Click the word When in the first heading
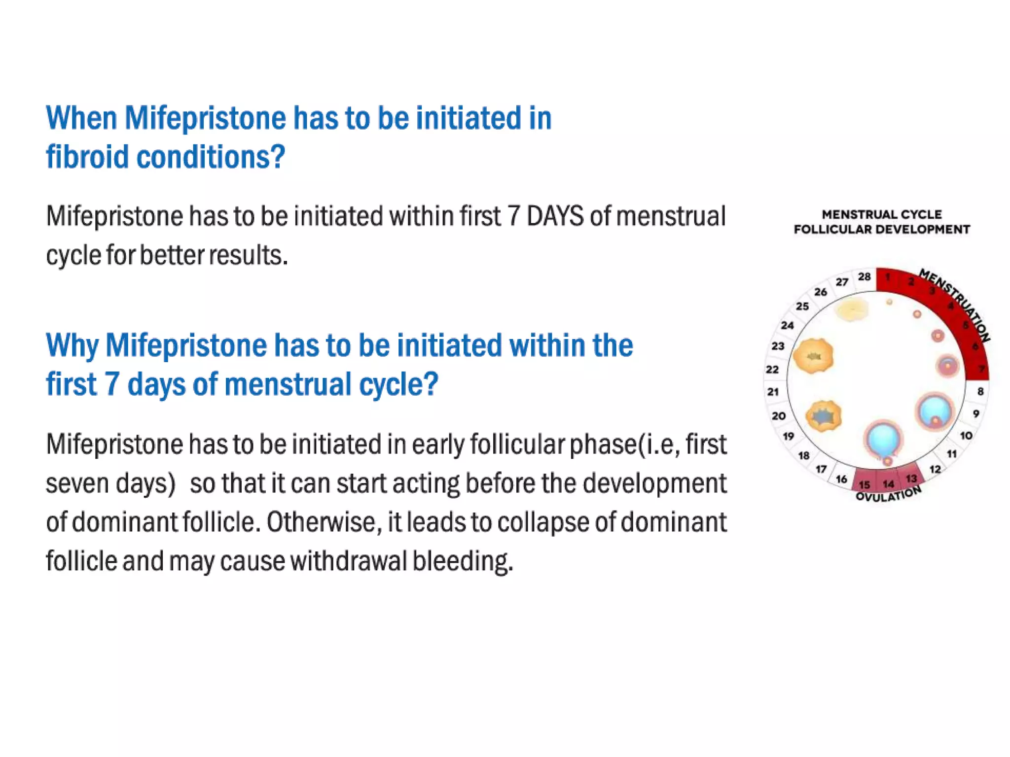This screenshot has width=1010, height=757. click(81, 118)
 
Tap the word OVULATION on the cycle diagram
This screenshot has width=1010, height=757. click(888, 495)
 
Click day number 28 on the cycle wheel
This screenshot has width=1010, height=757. click(864, 277)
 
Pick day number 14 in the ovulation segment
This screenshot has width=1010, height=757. click(888, 484)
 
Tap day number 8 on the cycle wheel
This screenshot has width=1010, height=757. click(980, 391)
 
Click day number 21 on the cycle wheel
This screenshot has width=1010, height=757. click(773, 392)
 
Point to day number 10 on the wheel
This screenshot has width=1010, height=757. click(966, 436)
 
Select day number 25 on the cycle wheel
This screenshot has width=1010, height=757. click(802, 306)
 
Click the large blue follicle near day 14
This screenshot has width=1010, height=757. click(883, 439)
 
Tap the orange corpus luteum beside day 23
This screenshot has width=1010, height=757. click(813, 355)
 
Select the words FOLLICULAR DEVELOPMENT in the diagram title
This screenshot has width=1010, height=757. click(882, 230)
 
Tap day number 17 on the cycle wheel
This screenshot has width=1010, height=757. click(821, 469)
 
